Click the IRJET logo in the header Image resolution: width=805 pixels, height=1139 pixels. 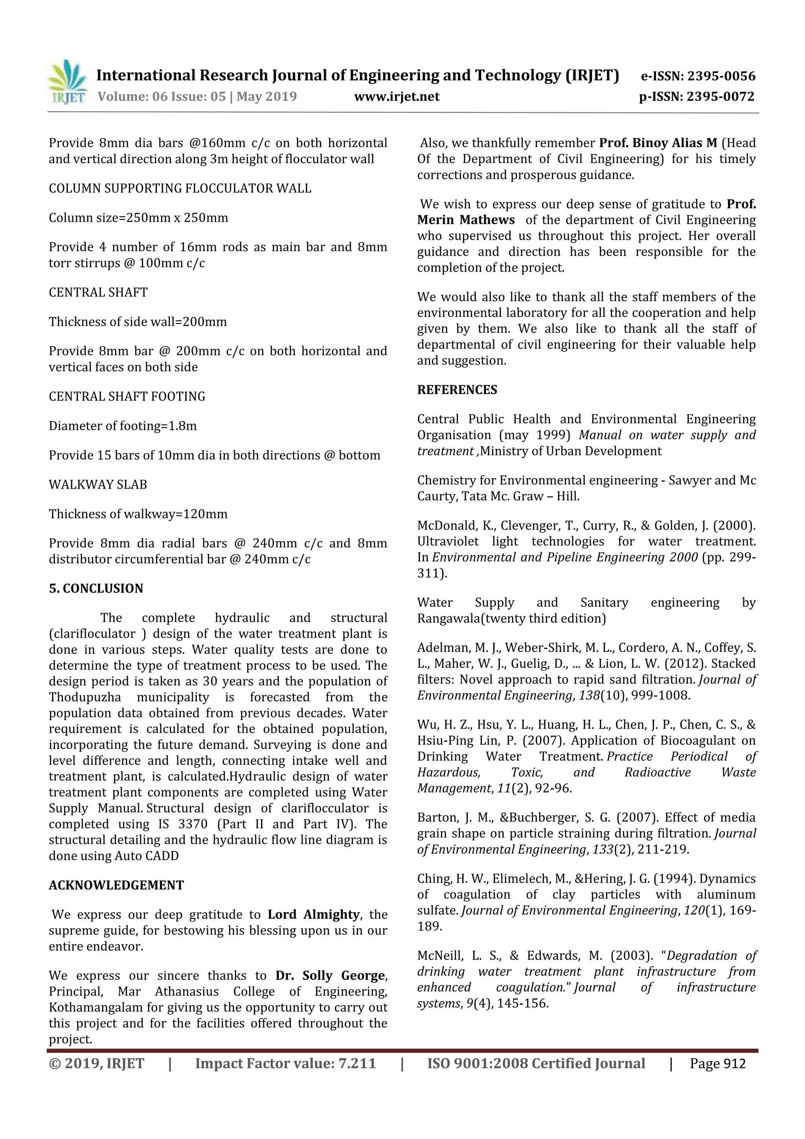tap(67, 82)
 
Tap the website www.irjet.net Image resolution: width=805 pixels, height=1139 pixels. tap(396, 96)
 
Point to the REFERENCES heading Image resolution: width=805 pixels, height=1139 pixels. tap(457, 390)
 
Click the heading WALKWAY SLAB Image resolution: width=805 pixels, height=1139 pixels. tap(98, 485)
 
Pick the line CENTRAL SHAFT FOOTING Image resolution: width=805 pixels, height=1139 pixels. tap(127, 396)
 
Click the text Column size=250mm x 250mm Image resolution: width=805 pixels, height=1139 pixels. tap(138, 218)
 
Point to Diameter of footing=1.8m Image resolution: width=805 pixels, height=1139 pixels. tap(123, 426)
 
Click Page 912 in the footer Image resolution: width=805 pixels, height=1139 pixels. tap(717, 1064)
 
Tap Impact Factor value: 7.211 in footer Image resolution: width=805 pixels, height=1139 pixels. tap(285, 1064)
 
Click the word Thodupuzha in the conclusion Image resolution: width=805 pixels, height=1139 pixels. tap(85, 697)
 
